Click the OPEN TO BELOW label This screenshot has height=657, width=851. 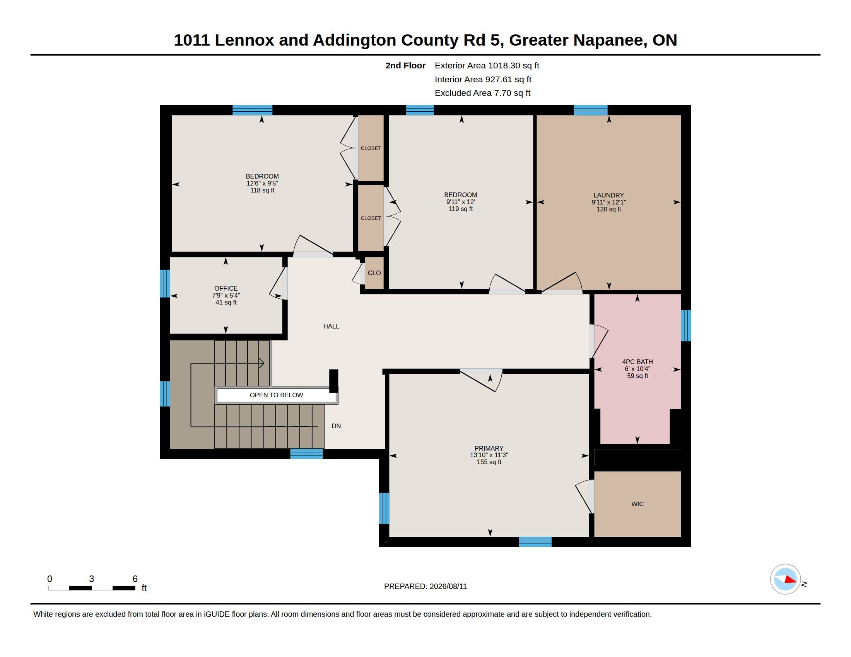(x=276, y=395)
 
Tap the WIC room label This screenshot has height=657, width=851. (x=637, y=504)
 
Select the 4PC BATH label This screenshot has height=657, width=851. (x=637, y=362)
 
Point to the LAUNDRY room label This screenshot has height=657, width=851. (x=608, y=196)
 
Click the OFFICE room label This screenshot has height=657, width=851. (x=226, y=288)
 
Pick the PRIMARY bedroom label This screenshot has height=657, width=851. (x=489, y=448)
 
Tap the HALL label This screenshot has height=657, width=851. (x=331, y=326)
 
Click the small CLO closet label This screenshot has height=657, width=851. (x=374, y=273)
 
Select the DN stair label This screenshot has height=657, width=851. (x=336, y=426)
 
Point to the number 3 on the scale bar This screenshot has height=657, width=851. (x=92, y=579)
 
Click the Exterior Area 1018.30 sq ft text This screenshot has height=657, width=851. (x=487, y=65)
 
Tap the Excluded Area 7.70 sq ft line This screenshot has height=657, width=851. (x=482, y=93)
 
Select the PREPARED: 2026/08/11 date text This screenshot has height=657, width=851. (x=425, y=586)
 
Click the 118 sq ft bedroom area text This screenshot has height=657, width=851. (x=262, y=190)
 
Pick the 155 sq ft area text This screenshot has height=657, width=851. (x=489, y=462)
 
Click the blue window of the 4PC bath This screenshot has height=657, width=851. (x=686, y=326)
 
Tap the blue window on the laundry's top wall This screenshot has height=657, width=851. (x=590, y=110)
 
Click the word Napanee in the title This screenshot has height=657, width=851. (x=608, y=40)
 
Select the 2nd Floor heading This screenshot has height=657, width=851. (x=405, y=65)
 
